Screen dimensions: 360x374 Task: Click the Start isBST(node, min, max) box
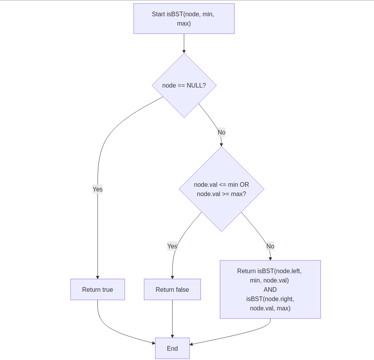[x=184, y=19]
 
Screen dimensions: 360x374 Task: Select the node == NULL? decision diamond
[x=184, y=85]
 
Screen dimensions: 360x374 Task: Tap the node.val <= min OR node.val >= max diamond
[x=221, y=189]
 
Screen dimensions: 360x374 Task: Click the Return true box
[x=98, y=289]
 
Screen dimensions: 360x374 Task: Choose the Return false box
[x=172, y=289]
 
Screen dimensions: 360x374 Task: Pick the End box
[x=172, y=348]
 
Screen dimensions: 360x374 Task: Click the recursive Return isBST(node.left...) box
[x=270, y=289]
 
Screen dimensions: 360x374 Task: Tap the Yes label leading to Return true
[x=98, y=189]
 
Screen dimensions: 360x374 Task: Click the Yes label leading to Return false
[x=172, y=246]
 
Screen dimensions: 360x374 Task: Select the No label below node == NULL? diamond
[x=221, y=133]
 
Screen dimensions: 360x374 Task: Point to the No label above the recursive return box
[x=270, y=246]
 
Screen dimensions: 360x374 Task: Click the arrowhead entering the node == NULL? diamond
[x=184, y=51]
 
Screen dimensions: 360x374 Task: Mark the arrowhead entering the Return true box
[x=98, y=277]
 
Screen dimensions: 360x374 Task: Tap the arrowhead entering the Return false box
[x=172, y=277]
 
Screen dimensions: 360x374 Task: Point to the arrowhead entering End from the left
[x=153, y=343]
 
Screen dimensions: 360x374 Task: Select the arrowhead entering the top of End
[x=172, y=336]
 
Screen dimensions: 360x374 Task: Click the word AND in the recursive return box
[x=270, y=289]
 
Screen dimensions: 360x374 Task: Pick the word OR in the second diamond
[x=244, y=184]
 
